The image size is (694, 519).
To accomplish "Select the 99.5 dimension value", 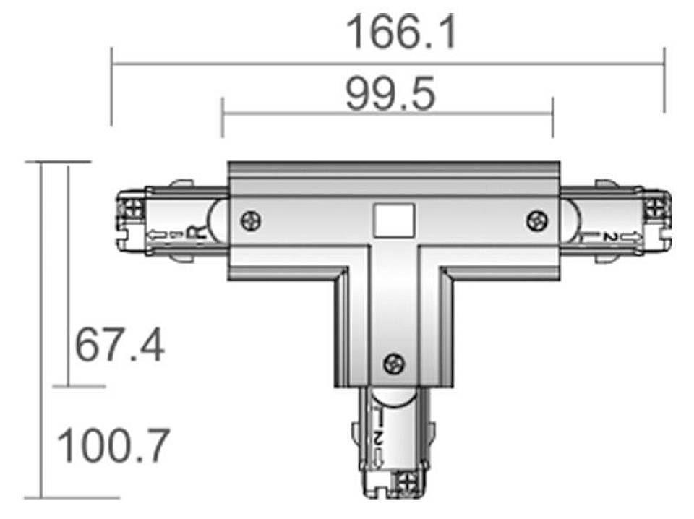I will pos(391,95).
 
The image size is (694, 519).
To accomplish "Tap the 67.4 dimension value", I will pos(120,346).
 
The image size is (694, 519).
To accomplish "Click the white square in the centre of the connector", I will pos(392,219).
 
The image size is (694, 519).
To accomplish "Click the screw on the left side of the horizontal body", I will pos(251,220).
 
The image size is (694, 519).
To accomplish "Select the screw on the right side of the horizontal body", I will pos(536,220).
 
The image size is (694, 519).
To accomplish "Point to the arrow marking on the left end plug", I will pos(156,235).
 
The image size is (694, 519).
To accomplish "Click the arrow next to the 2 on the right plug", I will pos(631,236).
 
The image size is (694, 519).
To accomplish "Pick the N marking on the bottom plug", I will pos(379,437).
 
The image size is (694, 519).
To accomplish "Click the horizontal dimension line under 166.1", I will pos(387,64).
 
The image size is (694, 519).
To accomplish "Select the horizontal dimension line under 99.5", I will pos(387,113).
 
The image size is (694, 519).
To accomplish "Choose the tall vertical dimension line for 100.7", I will pos(42,330).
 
